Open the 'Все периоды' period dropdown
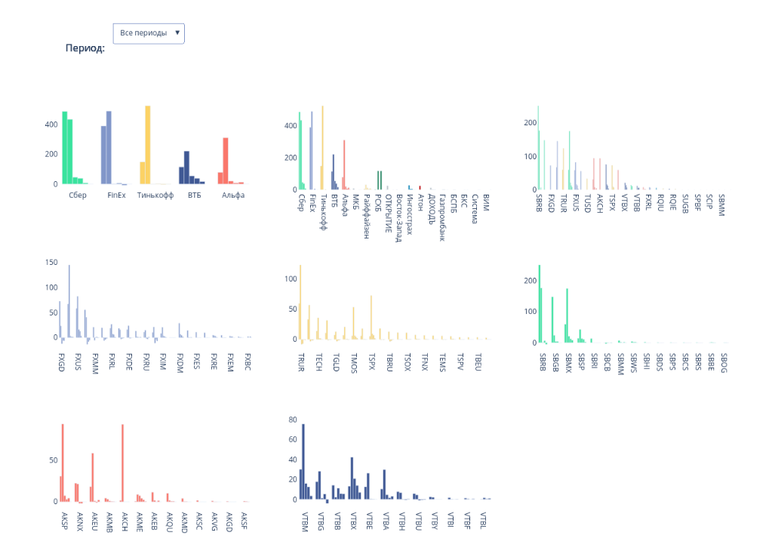click(149, 33)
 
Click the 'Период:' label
click(85, 48)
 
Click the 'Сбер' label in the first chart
click(77, 195)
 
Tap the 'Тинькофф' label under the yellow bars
click(155, 195)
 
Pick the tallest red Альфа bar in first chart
click(225, 160)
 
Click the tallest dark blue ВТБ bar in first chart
click(186, 167)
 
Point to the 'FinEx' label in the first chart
click(116, 195)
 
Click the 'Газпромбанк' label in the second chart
click(441, 217)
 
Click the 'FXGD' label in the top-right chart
click(551, 204)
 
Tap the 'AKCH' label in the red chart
click(124, 522)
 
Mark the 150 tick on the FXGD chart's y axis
click(52, 262)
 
